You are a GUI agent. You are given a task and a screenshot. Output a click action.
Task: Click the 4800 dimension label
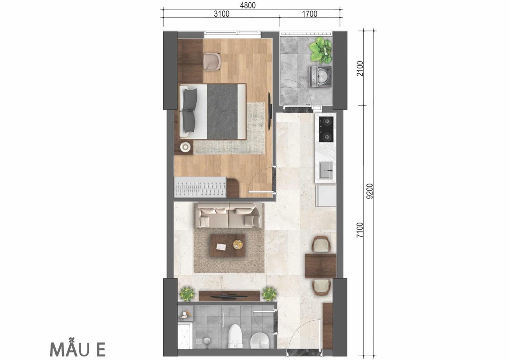[x=248, y=5]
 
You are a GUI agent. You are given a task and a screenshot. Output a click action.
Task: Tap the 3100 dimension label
[x=222, y=14]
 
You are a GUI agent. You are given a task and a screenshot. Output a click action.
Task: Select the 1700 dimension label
[x=309, y=14]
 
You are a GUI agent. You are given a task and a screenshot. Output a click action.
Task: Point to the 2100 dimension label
[x=360, y=69]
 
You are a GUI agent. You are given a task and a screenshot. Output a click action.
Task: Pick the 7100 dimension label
[x=360, y=230]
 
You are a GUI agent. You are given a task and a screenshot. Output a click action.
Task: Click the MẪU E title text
[x=77, y=349]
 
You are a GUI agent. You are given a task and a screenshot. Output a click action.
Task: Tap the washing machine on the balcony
[x=321, y=76]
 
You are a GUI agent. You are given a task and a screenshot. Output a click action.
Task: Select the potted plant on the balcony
[x=320, y=50]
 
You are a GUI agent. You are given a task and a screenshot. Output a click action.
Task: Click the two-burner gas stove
[x=326, y=129]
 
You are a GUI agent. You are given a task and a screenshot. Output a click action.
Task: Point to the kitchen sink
[x=326, y=170]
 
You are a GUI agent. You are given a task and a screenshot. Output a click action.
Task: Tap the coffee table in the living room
[x=228, y=245]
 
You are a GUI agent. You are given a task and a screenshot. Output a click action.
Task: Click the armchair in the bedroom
[x=212, y=62]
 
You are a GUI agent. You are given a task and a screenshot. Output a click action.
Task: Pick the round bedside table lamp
[x=185, y=147]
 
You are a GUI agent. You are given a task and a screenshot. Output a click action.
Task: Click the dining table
[x=320, y=266]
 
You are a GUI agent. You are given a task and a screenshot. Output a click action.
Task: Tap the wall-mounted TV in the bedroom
[x=270, y=111]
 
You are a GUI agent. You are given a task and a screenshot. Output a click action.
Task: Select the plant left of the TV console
[x=187, y=294]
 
